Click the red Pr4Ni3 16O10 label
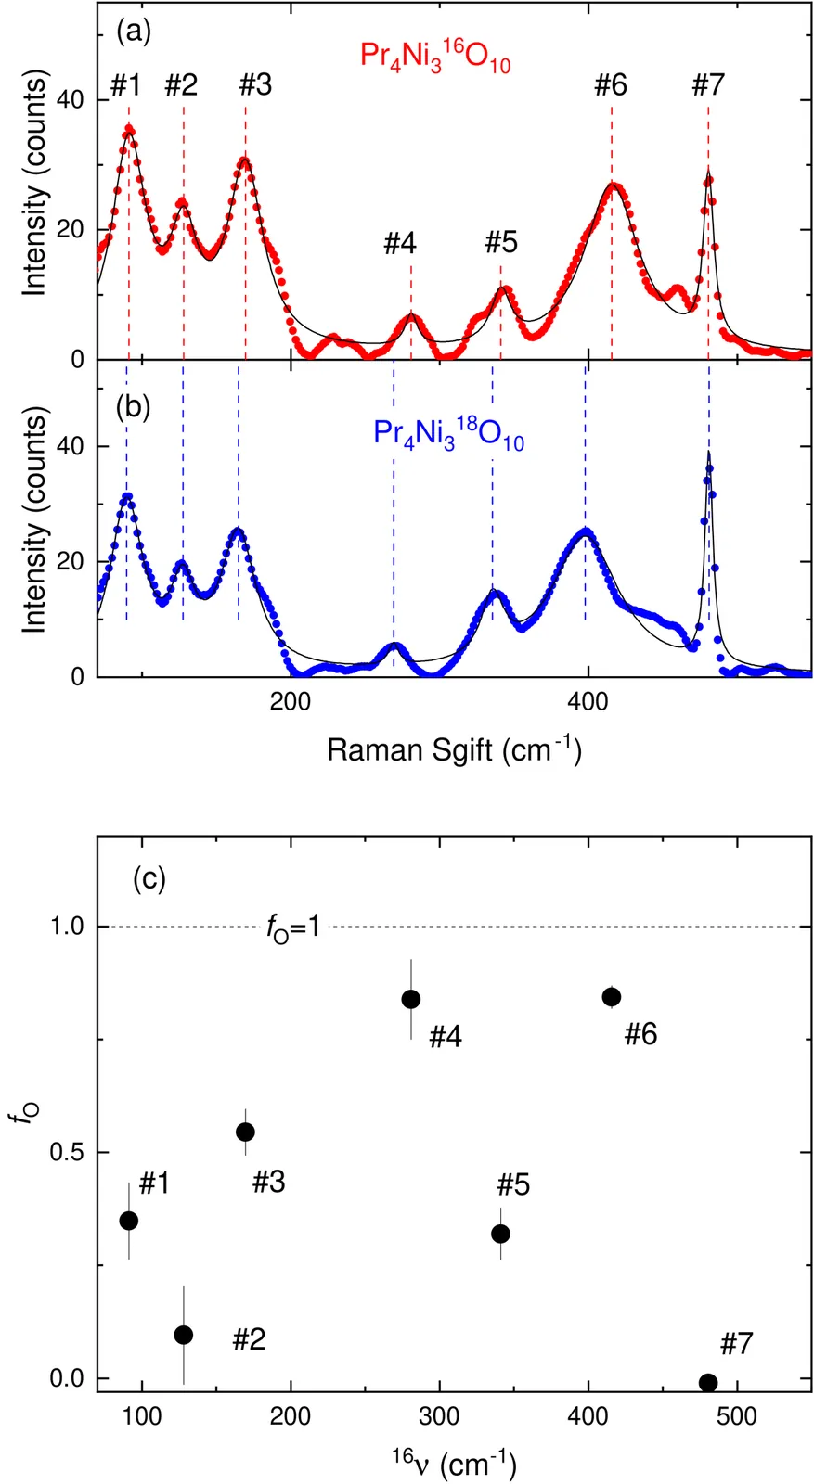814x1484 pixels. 435,58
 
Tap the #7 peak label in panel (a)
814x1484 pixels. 708,85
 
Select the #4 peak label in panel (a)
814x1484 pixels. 400,244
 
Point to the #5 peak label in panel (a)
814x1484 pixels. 501,243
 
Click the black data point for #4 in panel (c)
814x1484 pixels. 411,999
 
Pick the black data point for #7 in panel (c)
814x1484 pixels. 708,1382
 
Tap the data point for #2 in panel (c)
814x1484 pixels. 184,1335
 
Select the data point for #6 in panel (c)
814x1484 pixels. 612,997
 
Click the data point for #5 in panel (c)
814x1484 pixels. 501,1234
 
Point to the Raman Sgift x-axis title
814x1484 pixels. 454,750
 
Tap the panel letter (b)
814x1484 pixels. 133,407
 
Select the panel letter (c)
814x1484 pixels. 149,877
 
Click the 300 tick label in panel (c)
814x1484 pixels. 439,1417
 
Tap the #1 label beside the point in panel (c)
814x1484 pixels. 154,1183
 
